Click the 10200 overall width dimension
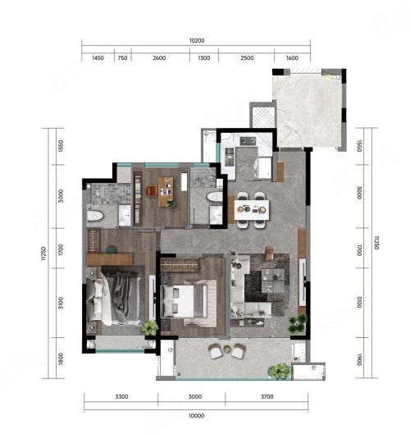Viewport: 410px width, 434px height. click(x=197, y=41)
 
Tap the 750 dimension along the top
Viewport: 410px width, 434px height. click(x=122, y=58)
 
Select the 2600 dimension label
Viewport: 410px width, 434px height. click(x=159, y=58)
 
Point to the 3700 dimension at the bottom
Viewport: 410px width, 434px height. click(x=267, y=396)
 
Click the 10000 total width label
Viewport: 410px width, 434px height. click(x=197, y=416)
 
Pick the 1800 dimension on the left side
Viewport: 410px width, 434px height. click(x=61, y=359)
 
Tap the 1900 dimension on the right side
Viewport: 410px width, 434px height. click(x=359, y=359)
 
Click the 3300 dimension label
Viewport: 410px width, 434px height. click(x=121, y=396)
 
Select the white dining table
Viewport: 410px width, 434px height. click(x=252, y=210)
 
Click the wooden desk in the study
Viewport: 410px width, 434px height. click(x=166, y=192)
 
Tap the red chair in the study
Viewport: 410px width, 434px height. click(x=152, y=190)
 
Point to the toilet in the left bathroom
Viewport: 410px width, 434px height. click(x=95, y=216)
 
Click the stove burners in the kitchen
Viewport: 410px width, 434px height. click(x=248, y=141)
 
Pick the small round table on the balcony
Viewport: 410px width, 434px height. click(x=227, y=349)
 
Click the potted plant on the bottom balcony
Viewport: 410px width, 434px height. click(x=279, y=371)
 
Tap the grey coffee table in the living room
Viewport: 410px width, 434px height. click(x=273, y=281)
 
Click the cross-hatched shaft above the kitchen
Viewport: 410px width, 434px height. click(x=263, y=117)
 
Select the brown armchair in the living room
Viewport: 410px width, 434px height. click(x=269, y=253)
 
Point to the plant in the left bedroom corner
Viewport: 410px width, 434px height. click(x=150, y=327)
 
